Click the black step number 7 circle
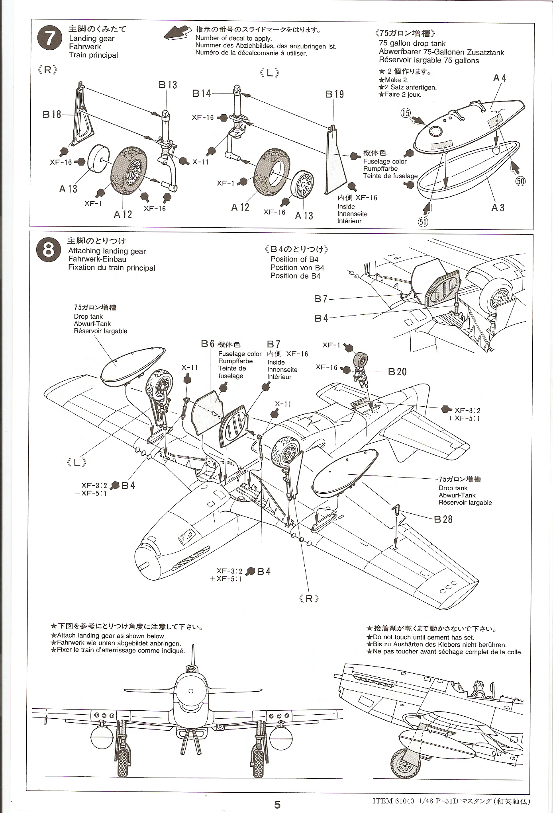(49, 39)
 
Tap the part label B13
(168, 85)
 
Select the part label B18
(52, 115)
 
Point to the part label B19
(334, 94)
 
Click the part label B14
(202, 94)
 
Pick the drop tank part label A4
(500, 78)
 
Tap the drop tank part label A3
(498, 208)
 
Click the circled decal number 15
(406, 113)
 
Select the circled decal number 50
(520, 181)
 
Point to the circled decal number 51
(423, 222)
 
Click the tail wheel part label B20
(397, 372)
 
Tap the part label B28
(443, 519)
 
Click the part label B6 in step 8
(208, 344)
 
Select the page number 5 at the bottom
(277, 805)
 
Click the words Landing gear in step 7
(92, 39)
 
